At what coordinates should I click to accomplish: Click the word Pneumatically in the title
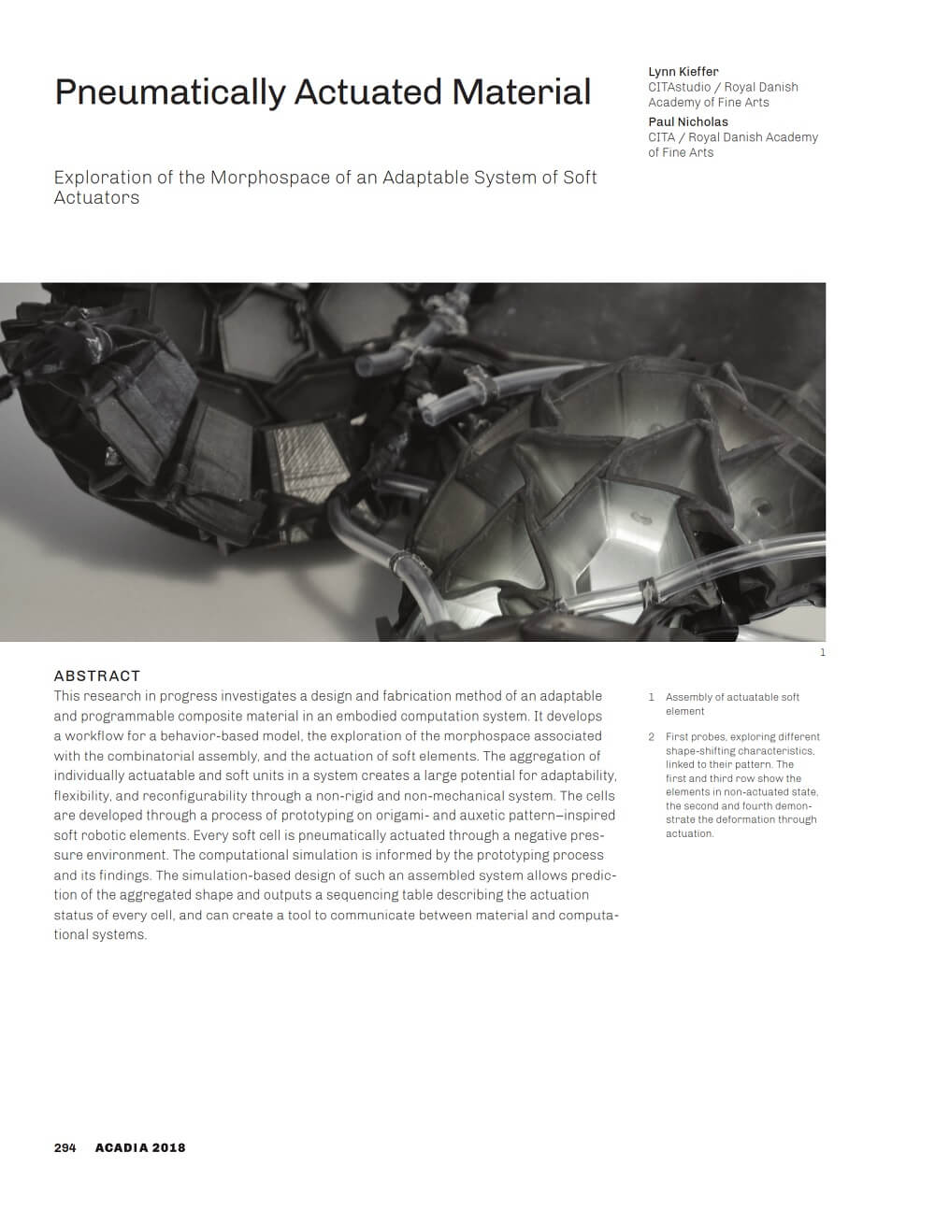pos(169,92)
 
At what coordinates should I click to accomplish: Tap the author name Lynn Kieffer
pos(683,72)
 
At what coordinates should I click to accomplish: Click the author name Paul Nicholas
pos(688,121)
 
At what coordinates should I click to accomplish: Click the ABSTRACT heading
pos(97,676)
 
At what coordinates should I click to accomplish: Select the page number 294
pos(65,1147)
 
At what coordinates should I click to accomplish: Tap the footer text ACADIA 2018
pos(140,1147)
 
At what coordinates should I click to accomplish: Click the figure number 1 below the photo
pos(823,652)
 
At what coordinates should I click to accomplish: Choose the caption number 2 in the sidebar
pos(652,737)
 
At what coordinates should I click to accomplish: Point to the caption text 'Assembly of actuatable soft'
pos(732,697)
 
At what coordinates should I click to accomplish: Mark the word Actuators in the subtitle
pos(96,198)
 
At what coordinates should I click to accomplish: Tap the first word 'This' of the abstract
pos(66,696)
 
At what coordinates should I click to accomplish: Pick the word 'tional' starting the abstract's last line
pos(71,935)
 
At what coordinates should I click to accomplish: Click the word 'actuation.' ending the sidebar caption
pos(689,833)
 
